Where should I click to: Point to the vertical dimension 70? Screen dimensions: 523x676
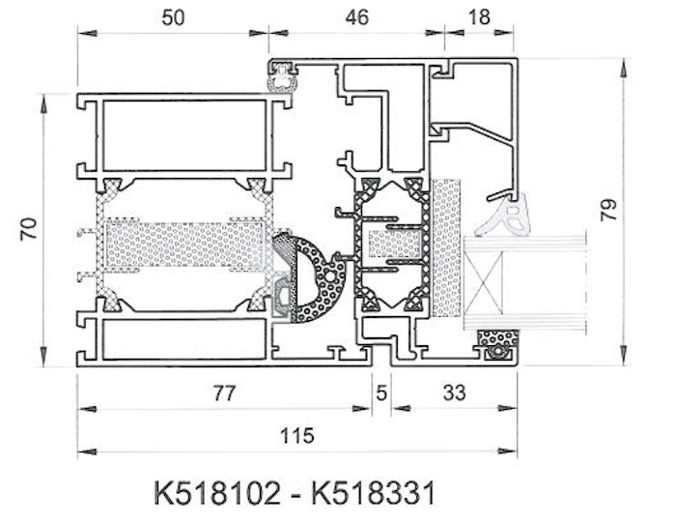(x=28, y=229)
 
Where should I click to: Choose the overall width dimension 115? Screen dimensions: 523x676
(x=297, y=436)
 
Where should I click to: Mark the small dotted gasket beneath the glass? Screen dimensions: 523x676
(x=498, y=343)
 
